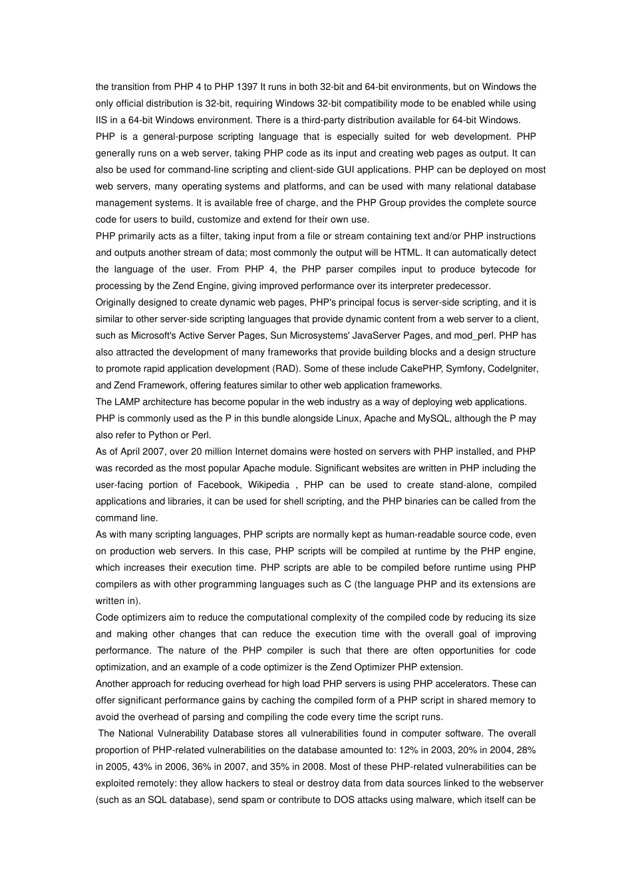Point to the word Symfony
(464, 368)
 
